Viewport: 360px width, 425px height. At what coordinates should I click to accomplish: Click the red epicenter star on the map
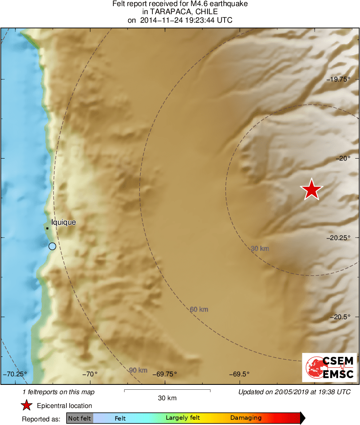[x=311, y=189]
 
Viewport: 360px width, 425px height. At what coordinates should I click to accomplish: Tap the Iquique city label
[x=63, y=222]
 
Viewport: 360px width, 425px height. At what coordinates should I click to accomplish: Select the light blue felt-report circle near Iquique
[x=52, y=246]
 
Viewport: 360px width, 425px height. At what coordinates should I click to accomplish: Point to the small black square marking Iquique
[x=47, y=228]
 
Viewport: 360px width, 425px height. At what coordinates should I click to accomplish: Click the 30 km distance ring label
[x=260, y=249]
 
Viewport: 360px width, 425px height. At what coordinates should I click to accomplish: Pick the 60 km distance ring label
[x=199, y=309]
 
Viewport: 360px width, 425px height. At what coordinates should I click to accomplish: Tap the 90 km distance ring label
[x=138, y=370]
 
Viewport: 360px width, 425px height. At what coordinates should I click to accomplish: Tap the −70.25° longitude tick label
[x=15, y=374]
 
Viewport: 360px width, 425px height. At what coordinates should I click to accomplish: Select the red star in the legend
[x=27, y=405]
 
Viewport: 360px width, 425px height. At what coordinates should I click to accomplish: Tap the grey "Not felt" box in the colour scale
[x=80, y=418]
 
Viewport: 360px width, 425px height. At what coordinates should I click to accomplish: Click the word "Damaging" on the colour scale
[x=246, y=418]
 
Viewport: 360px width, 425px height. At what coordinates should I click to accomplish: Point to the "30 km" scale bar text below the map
[x=167, y=398]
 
